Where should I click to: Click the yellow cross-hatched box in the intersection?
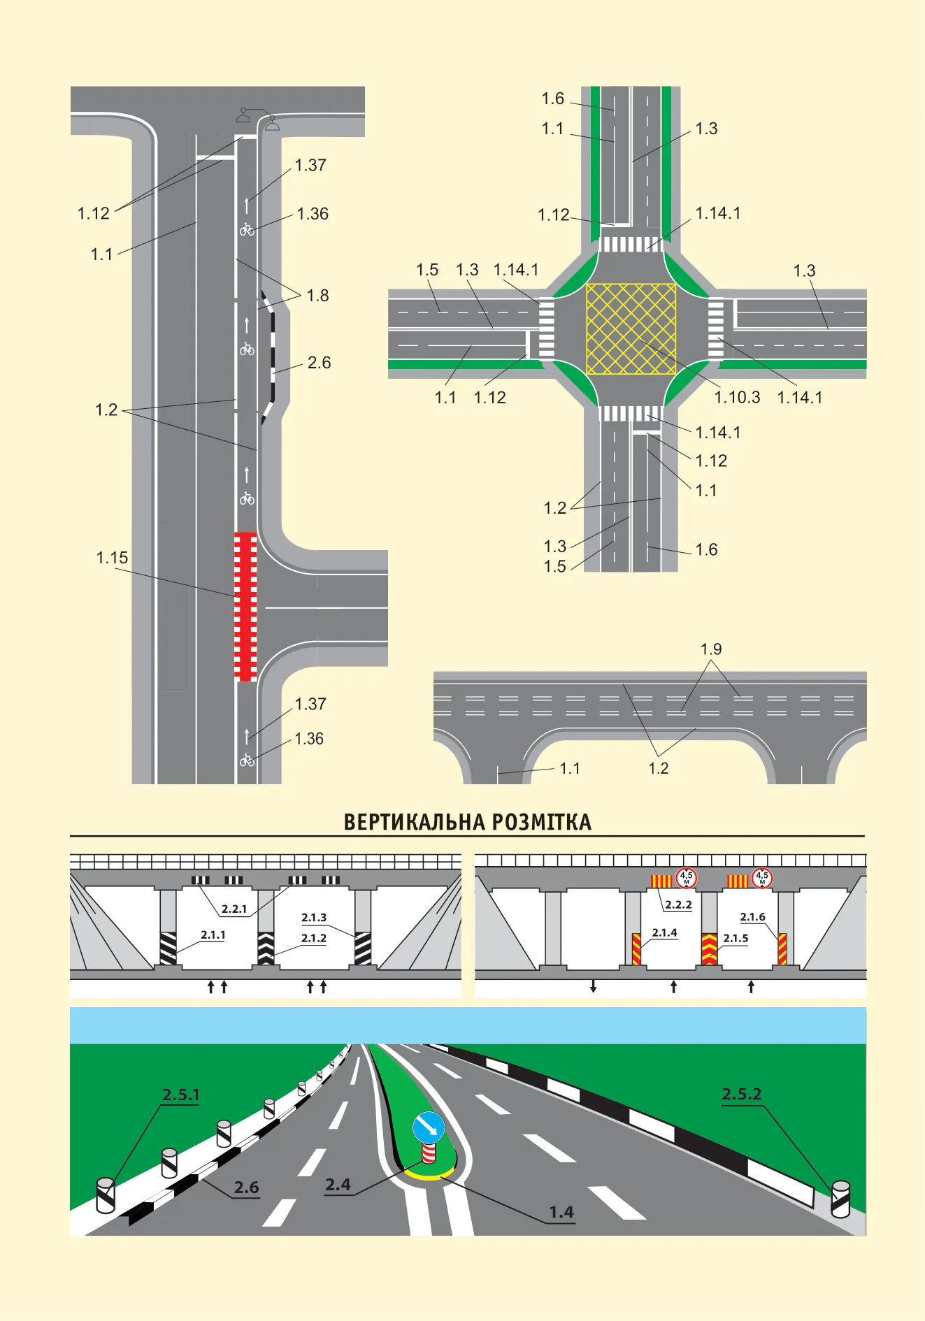pyautogui.click(x=631, y=329)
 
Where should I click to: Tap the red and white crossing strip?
pyautogui.click(x=245, y=607)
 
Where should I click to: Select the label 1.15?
pyautogui.click(x=112, y=558)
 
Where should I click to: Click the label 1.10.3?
pyautogui.click(x=737, y=397)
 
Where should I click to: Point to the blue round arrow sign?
pyautogui.click(x=429, y=1127)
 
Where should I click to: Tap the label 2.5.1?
pyautogui.click(x=181, y=1095)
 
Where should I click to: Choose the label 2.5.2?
pyautogui.click(x=741, y=1094)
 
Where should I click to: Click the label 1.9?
pyautogui.click(x=711, y=649)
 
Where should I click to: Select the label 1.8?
pyautogui.click(x=317, y=296)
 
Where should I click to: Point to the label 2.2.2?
pyautogui.click(x=678, y=904)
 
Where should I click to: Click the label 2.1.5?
pyautogui.click(x=736, y=938)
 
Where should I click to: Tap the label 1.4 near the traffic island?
pyautogui.click(x=561, y=1211)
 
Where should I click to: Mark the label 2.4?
pyautogui.click(x=338, y=1184)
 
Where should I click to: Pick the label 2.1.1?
pyautogui.click(x=213, y=934)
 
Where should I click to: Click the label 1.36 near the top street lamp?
pyautogui.click(x=313, y=214)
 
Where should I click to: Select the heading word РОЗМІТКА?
pyautogui.click(x=541, y=822)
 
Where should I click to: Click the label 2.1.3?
pyautogui.click(x=314, y=917)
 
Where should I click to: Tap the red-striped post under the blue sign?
pyautogui.click(x=429, y=1153)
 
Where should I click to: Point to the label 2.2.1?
pyautogui.click(x=234, y=909)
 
